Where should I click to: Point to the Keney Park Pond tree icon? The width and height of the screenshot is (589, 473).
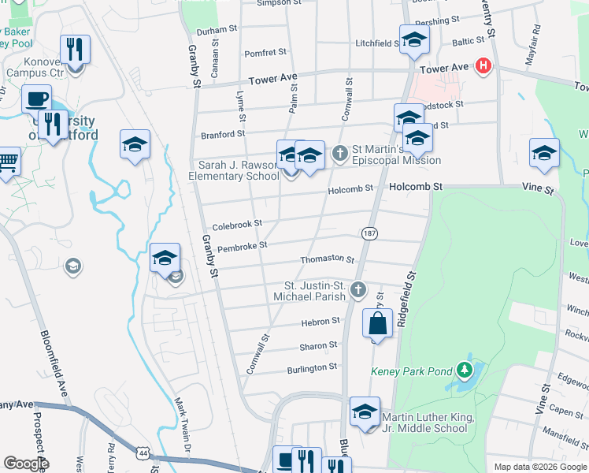coord(465,369)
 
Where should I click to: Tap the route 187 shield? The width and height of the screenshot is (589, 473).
coord(368,233)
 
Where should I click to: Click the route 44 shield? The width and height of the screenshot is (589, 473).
coord(142,454)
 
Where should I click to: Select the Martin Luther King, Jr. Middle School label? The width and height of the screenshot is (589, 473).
coord(425,423)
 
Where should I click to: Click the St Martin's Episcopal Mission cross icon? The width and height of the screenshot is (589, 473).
coord(340,153)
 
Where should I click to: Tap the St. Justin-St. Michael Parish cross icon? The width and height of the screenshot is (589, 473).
coord(358,289)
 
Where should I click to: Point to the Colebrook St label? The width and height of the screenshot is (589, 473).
coord(236,225)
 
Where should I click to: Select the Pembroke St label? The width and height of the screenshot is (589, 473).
coord(242,245)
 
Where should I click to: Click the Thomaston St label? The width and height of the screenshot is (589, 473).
coord(327,259)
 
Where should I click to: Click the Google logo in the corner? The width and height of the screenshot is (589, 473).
coord(26,464)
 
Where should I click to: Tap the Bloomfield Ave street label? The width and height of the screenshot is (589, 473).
coord(52,362)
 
